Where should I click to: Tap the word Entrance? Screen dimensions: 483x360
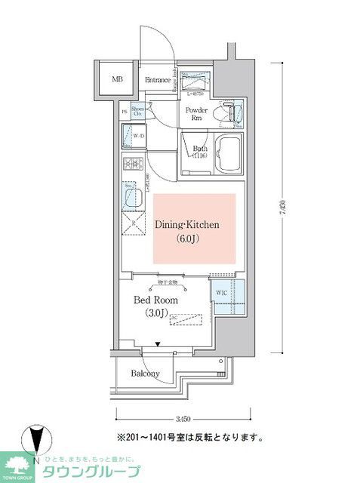pos(157,79)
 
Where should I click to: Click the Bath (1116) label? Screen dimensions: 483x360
pos(199,152)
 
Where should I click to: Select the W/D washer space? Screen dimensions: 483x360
pos(136,137)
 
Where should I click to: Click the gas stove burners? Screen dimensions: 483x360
pos(133,165)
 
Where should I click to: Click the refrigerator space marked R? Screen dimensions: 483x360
pos(134,224)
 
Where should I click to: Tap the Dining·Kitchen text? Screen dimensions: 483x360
pos(187,224)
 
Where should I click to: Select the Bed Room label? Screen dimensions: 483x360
pos(155,300)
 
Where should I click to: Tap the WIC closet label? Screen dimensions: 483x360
pos(222,293)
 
